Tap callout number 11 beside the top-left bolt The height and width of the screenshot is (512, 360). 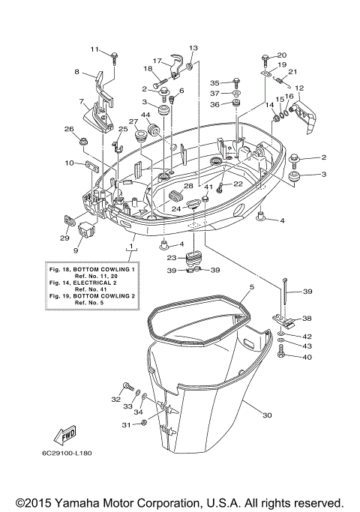(x=95, y=49)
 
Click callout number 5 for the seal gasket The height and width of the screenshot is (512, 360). (x=252, y=286)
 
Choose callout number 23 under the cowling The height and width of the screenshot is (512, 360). (x=171, y=257)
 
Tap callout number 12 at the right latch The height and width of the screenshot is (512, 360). (x=298, y=88)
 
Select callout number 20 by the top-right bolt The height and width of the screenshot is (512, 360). (x=282, y=55)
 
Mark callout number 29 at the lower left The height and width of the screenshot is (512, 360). (x=64, y=238)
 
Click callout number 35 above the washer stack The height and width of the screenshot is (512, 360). (x=214, y=82)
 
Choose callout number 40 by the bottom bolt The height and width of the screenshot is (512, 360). (x=306, y=357)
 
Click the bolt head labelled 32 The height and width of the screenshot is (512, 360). (x=129, y=386)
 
